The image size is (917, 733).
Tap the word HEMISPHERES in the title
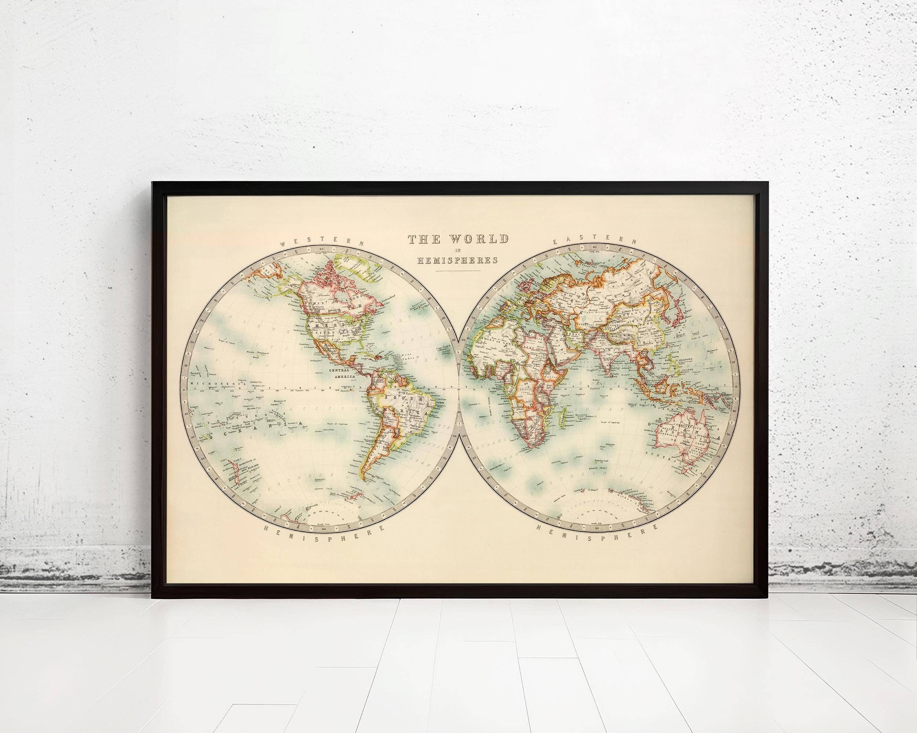point(457,261)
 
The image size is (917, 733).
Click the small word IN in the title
point(457,251)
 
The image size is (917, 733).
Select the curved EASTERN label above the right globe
point(595,242)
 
